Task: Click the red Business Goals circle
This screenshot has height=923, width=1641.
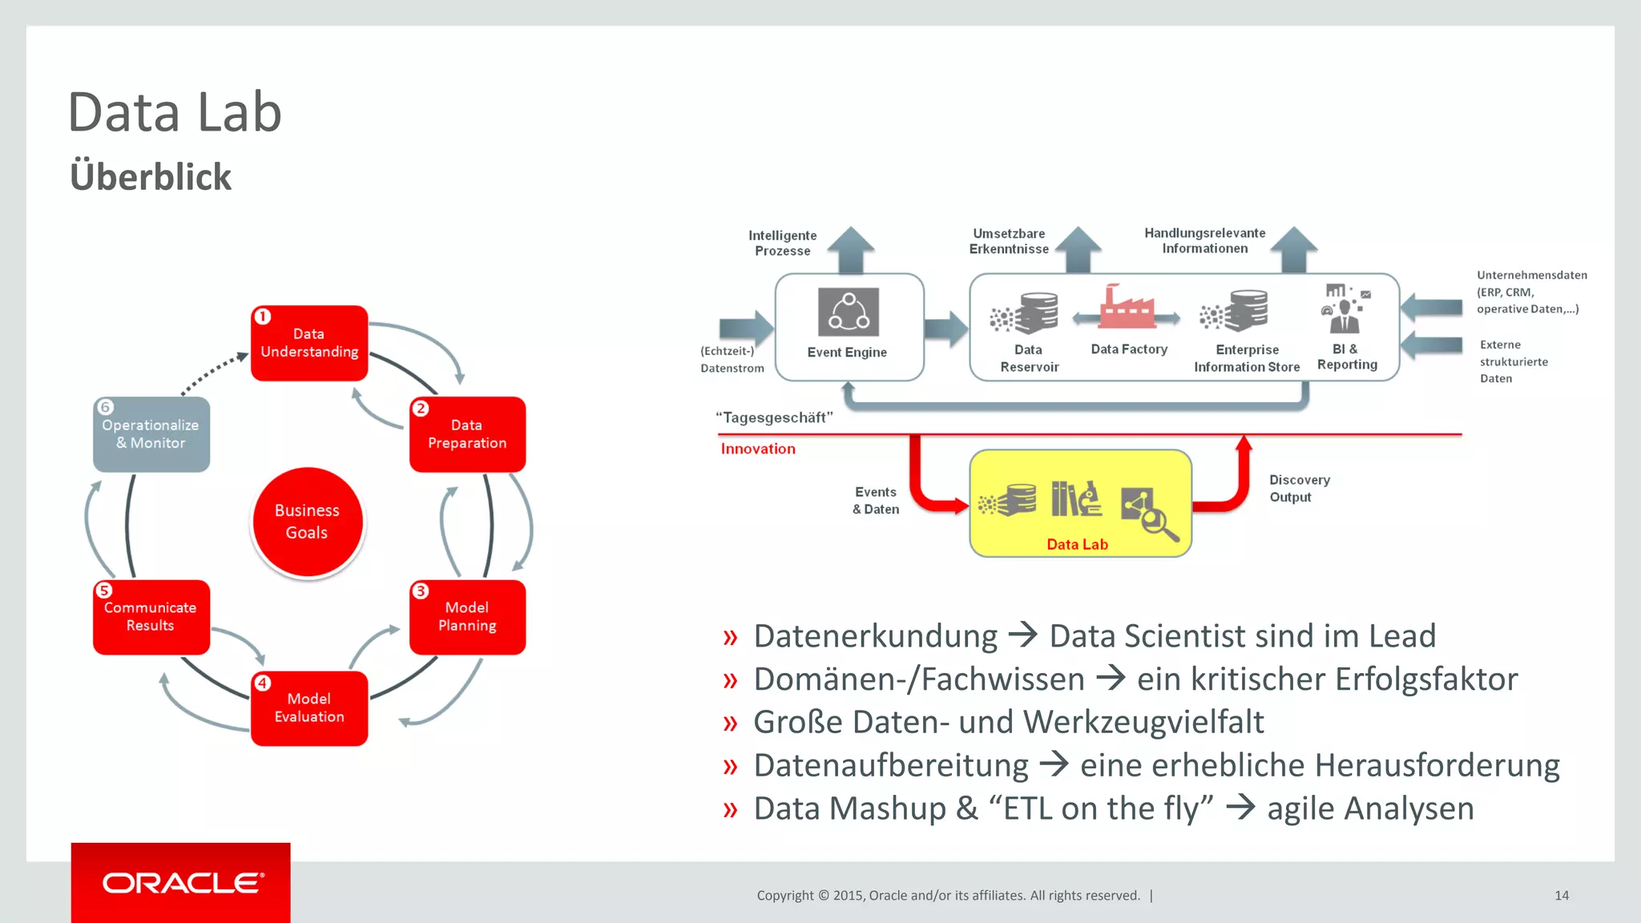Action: (308, 522)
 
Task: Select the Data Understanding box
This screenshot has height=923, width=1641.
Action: (309, 343)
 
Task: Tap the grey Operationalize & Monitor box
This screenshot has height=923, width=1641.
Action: (151, 434)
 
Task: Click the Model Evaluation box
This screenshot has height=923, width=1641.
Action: (309, 708)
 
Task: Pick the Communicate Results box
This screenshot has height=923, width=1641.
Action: (151, 617)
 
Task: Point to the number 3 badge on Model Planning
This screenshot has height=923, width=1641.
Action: (421, 591)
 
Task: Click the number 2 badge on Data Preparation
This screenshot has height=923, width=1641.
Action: (421, 409)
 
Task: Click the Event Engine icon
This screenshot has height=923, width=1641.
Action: (848, 312)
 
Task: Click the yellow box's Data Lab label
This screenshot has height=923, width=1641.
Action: (1077, 545)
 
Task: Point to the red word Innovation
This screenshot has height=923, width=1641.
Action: (758, 449)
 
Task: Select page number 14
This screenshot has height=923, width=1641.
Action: (1562, 896)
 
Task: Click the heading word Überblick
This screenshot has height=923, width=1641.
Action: (151, 177)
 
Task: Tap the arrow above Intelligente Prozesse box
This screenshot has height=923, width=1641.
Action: (850, 249)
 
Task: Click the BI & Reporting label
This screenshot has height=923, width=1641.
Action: (1347, 357)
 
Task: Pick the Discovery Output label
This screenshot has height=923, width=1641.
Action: (1299, 488)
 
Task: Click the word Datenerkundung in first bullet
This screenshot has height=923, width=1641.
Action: (875, 636)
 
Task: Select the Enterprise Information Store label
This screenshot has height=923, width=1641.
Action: (1247, 358)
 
